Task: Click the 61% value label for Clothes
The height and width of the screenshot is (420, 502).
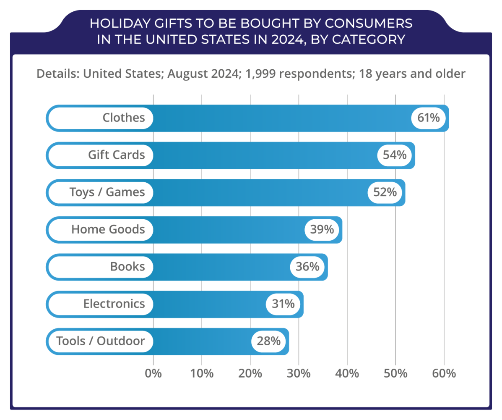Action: (x=429, y=118)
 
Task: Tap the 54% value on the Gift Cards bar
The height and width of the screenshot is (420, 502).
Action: (x=395, y=155)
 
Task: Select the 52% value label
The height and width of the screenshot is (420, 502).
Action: (x=385, y=192)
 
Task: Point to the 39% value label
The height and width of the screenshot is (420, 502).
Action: (x=322, y=229)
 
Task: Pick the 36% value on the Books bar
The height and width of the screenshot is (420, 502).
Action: (x=307, y=267)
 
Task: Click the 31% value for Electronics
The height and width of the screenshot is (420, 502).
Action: (x=283, y=304)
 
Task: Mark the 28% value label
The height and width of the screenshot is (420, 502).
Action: (x=269, y=341)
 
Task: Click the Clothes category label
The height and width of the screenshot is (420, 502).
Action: (x=124, y=118)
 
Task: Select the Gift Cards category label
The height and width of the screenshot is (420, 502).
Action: (x=116, y=155)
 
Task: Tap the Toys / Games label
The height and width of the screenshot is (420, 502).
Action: (x=107, y=192)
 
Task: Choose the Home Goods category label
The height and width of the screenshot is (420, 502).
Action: (x=108, y=229)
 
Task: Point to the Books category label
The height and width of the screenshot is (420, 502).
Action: (x=127, y=267)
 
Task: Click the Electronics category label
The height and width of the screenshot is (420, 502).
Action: (x=114, y=304)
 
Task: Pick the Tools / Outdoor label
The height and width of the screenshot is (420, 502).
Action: (x=101, y=341)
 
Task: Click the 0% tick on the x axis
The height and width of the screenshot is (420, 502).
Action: (x=153, y=373)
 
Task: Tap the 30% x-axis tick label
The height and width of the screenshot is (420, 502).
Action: (x=299, y=373)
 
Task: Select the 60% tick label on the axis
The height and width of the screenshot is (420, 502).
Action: (x=444, y=373)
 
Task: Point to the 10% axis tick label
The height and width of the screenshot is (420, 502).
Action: (x=202, y=373)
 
